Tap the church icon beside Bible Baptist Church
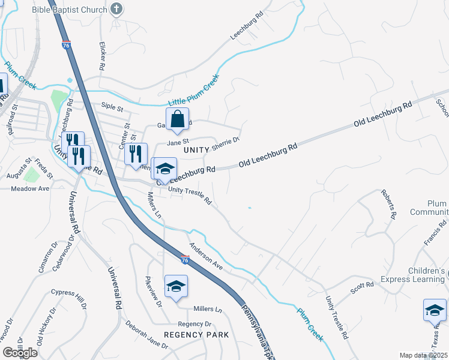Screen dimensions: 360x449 pos(117,8)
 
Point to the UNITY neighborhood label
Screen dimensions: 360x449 pos(196,149)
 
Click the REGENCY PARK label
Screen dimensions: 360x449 pos(196,335)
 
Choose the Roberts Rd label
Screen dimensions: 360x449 pos(388,205)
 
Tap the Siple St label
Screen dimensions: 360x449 pos(112,109)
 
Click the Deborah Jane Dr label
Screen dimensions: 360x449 pos(147,334)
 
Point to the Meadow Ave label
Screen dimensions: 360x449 pos(30,188)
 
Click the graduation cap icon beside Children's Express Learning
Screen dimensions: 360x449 pos(434,310)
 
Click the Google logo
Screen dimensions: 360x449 pos(20,353)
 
